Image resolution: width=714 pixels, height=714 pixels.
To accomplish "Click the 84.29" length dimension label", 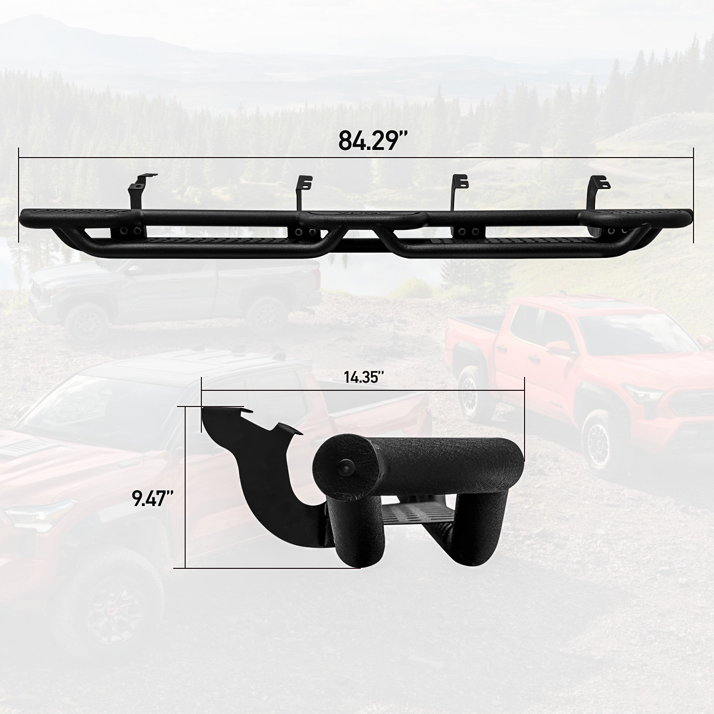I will pos(373,140).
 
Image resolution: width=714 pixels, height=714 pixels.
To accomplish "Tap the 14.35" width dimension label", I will pos(364,377).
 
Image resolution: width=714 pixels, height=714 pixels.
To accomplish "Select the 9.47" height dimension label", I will pos(152,498).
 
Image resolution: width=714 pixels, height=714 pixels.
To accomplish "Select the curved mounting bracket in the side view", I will pos(267,481).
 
